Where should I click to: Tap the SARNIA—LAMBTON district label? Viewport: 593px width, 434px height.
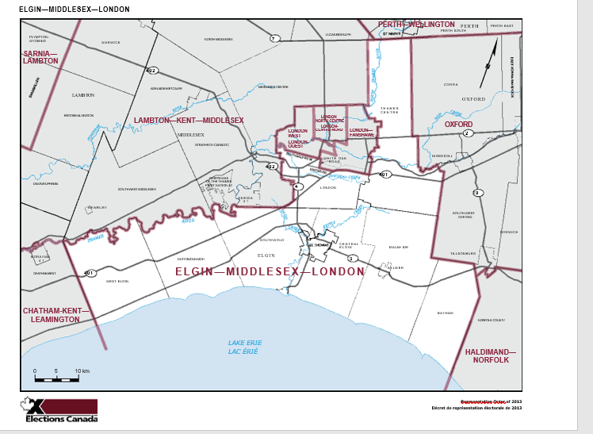point(40,56)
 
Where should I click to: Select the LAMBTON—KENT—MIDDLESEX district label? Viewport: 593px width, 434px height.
point(189,120)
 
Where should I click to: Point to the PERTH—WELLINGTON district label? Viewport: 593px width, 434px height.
point(416,25)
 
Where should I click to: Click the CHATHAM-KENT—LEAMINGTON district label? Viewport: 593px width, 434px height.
point(52,315)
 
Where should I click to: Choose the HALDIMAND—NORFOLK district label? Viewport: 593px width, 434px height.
point(490,355)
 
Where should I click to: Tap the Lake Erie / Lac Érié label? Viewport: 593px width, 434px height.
point(245,347)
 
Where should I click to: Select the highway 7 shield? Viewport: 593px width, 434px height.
point(274,38)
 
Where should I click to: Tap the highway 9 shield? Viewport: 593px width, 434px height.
point(477,193)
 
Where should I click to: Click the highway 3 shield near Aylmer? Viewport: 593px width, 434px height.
point(352,259)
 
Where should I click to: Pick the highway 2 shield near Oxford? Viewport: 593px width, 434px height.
point(468,133)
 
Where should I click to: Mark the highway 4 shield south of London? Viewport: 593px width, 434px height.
point(297,186)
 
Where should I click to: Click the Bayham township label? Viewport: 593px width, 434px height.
point(445,313)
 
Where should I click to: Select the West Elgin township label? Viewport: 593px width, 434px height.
point(117,281)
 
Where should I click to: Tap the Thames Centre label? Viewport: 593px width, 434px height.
point(388,109)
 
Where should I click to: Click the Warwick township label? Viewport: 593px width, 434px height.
point(110,41)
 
